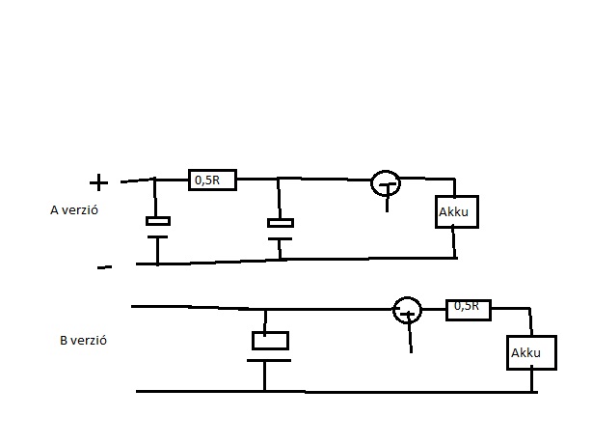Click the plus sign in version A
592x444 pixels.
tap(98, 182)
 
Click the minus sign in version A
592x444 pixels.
tap(104, 267)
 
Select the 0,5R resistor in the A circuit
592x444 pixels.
tap(211, 179)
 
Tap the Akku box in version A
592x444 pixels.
tap(455, 211)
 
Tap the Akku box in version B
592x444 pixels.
tap(532, 353)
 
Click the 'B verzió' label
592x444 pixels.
tap(82, 341)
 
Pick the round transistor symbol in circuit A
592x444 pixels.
tap(386, 182)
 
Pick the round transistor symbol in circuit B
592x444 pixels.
tap(408, 310)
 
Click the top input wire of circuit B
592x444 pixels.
tap(193, 307)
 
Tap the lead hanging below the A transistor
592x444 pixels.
tap(389, 201)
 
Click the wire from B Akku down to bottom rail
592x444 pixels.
tap(533, 380)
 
